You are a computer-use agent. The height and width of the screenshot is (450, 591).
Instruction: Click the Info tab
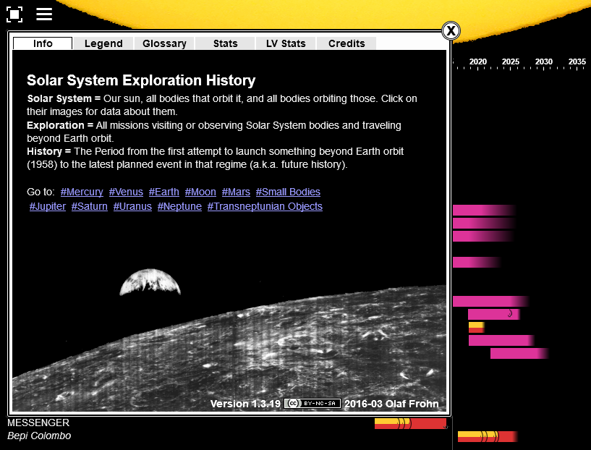pos(43,43)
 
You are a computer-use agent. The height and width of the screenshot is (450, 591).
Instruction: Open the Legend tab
pos(103,43)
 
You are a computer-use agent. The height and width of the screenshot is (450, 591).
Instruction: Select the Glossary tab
pos(164,43)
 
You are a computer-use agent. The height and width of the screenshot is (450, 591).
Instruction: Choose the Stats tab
pos(225,43)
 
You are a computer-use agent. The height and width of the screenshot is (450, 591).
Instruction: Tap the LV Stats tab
pos(286,43)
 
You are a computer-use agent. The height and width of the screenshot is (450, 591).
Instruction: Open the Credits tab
pos(346,43)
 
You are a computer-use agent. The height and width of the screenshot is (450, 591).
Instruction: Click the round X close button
pos(451,30)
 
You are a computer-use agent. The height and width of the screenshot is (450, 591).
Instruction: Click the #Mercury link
pos(82,192)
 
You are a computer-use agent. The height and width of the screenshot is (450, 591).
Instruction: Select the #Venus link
pos(126,192)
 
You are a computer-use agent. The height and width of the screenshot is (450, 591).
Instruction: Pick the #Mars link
pos(236,192)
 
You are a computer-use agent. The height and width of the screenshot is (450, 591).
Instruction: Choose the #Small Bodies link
pos(288,192)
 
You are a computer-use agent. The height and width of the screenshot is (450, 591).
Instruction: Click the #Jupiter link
pos(48,206)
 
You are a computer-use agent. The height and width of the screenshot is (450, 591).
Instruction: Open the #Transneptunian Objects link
pos(265,206)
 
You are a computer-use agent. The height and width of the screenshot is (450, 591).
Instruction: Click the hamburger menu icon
pos(44,14)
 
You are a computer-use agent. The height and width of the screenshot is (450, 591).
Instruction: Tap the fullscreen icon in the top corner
pos(14,14)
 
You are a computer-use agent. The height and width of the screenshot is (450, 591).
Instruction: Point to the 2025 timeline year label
pos(511,62)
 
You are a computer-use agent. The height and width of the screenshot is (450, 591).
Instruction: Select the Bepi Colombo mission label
pos(39,436)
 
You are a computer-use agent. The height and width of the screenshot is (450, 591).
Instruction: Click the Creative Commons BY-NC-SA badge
pos(312,404)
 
